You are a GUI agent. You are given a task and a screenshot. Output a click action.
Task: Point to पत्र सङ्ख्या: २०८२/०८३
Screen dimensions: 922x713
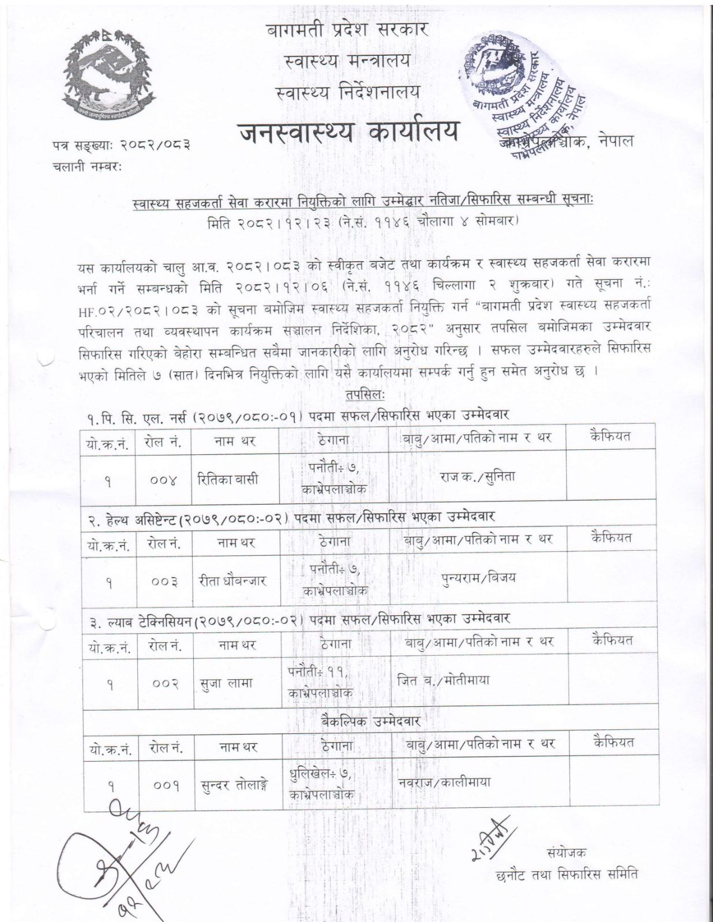point(121,146)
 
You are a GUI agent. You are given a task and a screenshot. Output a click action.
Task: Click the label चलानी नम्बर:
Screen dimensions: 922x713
point(89,167)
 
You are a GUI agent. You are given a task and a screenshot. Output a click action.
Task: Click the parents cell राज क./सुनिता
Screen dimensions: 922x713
point(478,477)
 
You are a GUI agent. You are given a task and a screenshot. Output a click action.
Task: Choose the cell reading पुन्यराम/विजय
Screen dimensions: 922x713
point(479,578)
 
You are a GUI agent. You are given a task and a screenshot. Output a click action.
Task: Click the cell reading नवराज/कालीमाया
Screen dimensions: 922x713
point(444,782)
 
